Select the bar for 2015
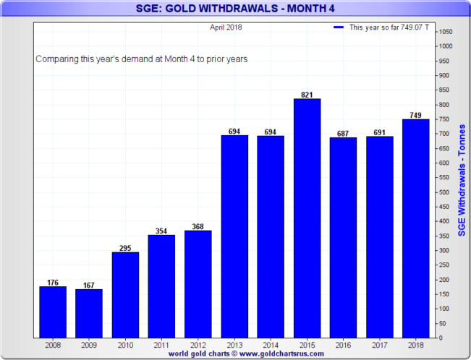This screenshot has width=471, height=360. point(307,218)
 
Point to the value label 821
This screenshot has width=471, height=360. point(307,94)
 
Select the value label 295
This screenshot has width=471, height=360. point(125,247)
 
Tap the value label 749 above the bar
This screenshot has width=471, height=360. point(415,115)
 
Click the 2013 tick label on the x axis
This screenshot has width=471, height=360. point(234,346)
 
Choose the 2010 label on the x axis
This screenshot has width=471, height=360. point(125,346)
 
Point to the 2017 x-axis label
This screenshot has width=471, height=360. point(379,346)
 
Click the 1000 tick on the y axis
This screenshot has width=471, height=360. point(446,46)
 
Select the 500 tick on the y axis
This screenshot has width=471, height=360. point(445,192)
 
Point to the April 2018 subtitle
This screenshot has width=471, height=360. point(226,27)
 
